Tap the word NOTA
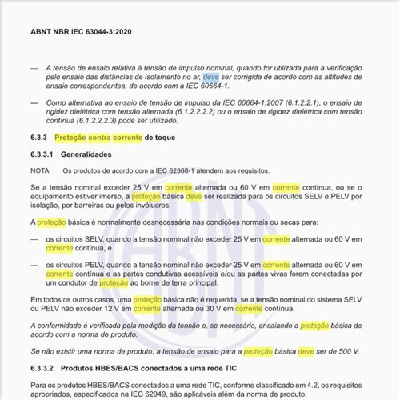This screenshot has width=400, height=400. [x=40, y=170]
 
